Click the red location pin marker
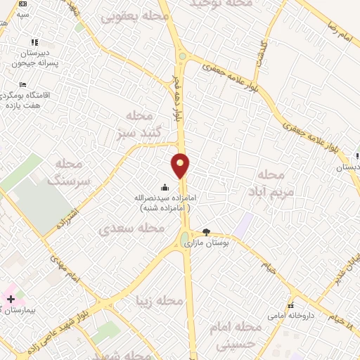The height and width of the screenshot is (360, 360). tap(181, 166)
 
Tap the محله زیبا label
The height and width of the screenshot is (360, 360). tap(162, 302)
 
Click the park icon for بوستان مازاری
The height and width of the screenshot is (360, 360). tap(206, 232)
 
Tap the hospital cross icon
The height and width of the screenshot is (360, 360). tap(11, 299)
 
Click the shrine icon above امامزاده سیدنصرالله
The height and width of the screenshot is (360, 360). tap(165, 187)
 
